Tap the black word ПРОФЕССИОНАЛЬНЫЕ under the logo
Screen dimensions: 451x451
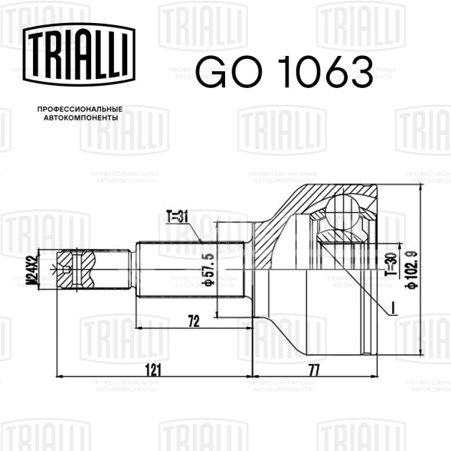80,109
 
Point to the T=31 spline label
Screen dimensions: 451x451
177,217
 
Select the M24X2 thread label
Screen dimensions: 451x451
31,270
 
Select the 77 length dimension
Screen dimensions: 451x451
314,371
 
